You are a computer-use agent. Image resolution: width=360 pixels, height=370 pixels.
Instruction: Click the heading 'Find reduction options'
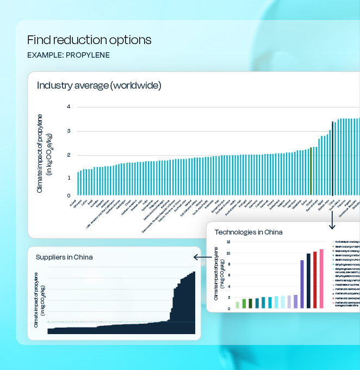pyautogui.click(x=89, y=40)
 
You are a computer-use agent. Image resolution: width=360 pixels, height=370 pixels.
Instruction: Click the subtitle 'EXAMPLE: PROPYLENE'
pyautogui.click(x=69, y=55)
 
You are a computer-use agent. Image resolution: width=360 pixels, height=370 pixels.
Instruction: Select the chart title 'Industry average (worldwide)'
pyautogui.click(x=99, y=85)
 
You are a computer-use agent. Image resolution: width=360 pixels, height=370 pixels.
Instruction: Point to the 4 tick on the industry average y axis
pyautogui.click(x=69, y=107)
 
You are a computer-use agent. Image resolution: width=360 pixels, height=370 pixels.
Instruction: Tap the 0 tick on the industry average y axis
pyautogui.click(x=69, y=195)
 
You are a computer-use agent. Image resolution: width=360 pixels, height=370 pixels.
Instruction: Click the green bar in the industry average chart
pyautogui.click(x=311, y=171)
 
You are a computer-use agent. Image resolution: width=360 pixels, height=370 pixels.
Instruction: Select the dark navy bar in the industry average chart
pyautogui.click(x=332, y=158)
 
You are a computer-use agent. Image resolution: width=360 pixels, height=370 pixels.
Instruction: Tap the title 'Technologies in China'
pyautogui.click(x=249, y=232)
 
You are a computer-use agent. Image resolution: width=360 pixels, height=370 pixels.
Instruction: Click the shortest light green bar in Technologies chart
pyautogui.click(x=237, y=305)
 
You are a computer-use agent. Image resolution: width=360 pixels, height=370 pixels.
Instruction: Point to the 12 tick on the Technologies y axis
pyautogui.click(x=228, y=242)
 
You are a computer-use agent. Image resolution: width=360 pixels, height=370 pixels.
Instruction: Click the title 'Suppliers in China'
pyautogui.click(x=64, y=257)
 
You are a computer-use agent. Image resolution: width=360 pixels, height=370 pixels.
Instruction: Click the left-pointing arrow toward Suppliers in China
pyautogui.click(x=202, y=257)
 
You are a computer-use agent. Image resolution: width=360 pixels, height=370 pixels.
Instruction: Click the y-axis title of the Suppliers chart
pyautogui.click(x=40, y=299)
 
